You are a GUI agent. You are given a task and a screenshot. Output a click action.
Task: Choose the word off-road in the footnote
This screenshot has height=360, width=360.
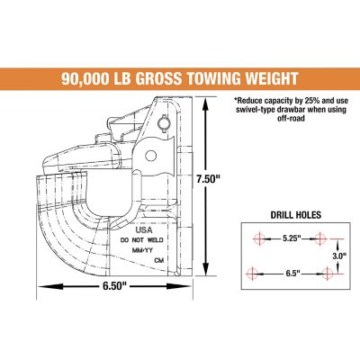click(x=293, y=125)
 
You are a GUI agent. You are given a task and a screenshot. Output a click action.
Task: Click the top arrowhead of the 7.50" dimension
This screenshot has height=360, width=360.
click(x=209, y=103)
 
